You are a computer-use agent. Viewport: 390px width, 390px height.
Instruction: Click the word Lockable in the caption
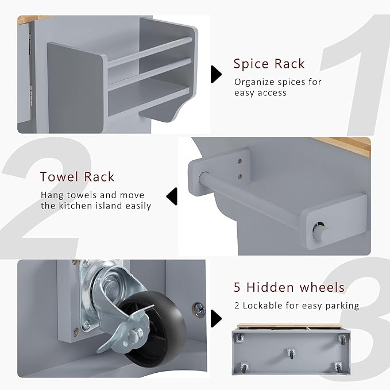tap(262, 306)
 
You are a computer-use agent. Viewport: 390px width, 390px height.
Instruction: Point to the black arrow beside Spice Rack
tap(216, 74)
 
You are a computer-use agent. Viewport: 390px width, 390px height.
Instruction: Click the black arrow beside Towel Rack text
tap(172, 196)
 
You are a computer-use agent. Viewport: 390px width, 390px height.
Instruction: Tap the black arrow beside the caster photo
tap(216, 318)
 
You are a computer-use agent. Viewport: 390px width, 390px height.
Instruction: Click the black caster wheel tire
tap(159, 331)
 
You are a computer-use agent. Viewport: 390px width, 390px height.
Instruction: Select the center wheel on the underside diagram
tap(291, 353)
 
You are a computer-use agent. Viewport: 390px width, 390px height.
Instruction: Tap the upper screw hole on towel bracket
tap(240, 161)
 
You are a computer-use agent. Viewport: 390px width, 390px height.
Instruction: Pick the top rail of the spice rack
tap(149, 52)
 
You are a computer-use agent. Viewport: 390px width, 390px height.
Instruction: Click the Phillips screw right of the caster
tap(199, 310)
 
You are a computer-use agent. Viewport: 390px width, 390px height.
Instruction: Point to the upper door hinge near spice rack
tap(30, 44)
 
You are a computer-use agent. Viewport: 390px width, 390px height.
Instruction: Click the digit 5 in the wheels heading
tap(237, 288)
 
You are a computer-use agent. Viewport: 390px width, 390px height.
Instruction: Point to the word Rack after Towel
tap(99, 177)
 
